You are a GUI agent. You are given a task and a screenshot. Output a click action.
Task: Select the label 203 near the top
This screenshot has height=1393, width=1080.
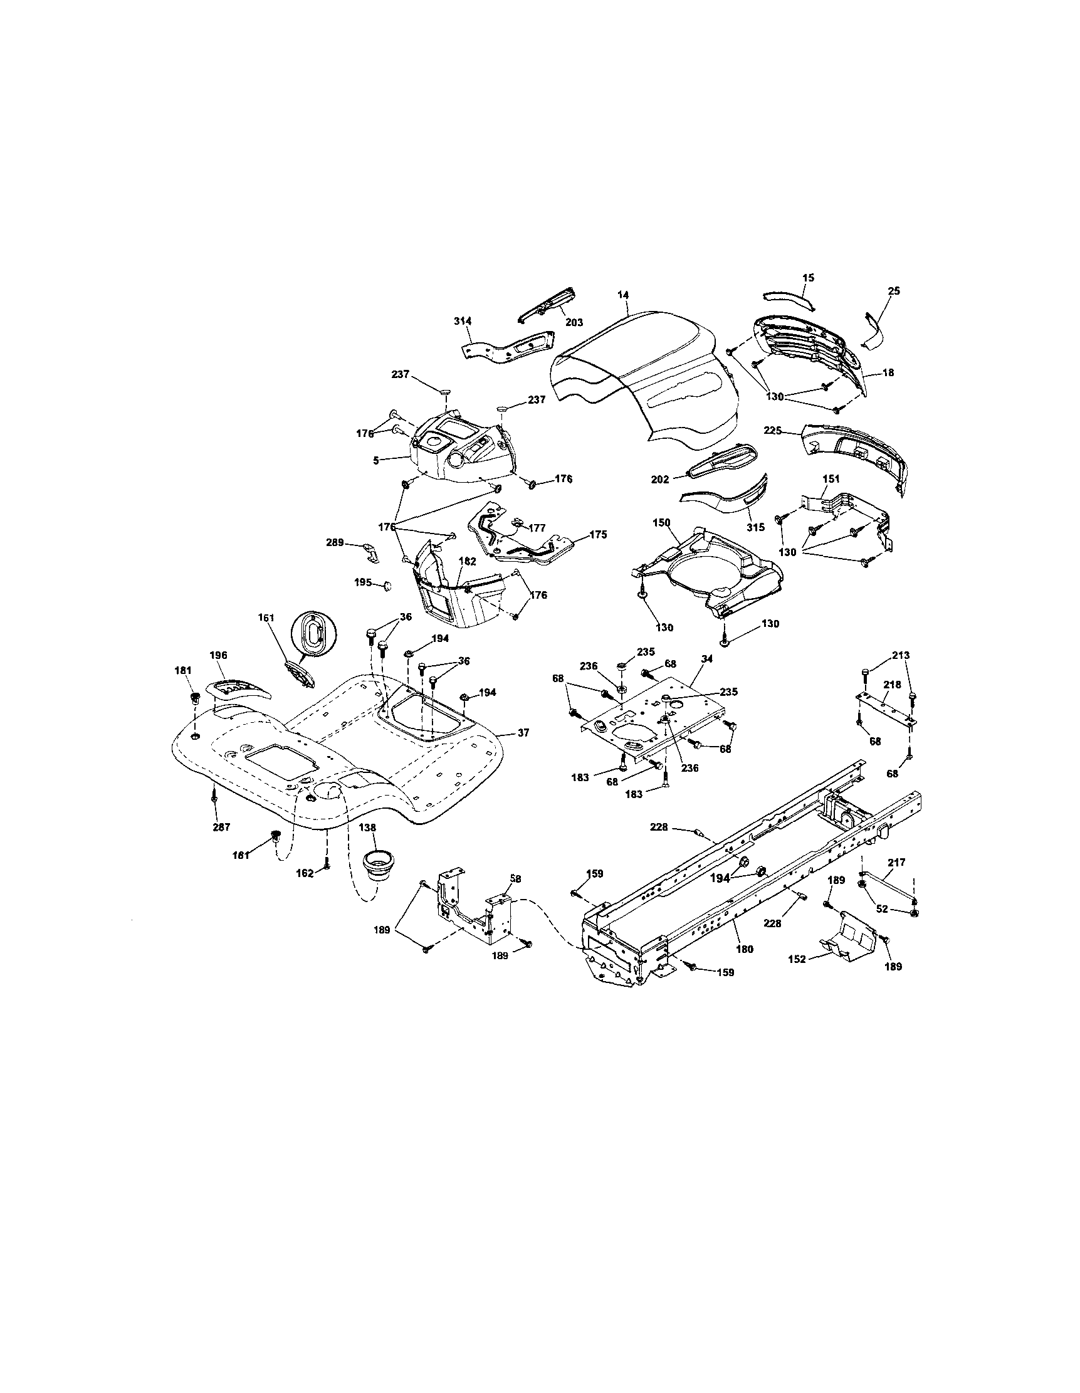[574, 323]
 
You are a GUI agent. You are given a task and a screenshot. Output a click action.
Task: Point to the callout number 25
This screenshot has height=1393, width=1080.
[893, 291]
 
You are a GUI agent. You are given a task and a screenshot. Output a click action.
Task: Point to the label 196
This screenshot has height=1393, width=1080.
[218, 655]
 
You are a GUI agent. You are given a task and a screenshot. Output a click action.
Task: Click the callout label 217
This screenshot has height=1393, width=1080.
[896, 863]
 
